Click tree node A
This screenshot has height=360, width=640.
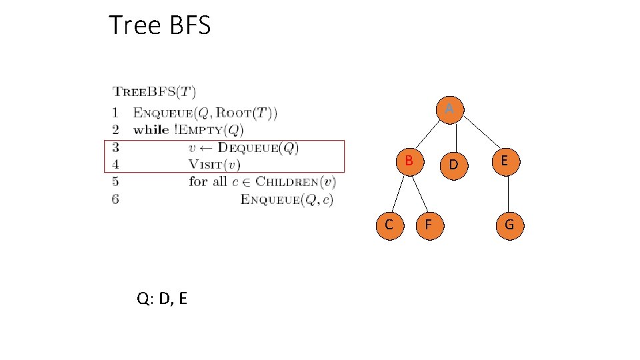coord(450,108)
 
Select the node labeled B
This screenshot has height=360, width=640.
coord(410,161)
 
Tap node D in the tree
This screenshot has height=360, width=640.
coord(453,163)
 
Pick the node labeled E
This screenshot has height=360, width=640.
coord(505,161)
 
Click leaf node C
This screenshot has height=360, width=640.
coord(389,225)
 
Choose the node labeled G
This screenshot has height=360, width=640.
coord(509,225)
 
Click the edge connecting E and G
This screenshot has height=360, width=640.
coord(508,193)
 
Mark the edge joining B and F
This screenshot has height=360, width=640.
coord(419,193)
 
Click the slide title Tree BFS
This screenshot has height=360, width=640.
coord(159,25)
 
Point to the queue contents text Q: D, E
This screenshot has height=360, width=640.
coord(162,298)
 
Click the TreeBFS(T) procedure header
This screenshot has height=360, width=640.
coord(154,92)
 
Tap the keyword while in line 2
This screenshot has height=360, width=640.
coord(151,129)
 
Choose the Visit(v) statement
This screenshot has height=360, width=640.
coord(214,164)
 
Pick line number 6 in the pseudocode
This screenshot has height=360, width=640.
coord(116,199)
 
